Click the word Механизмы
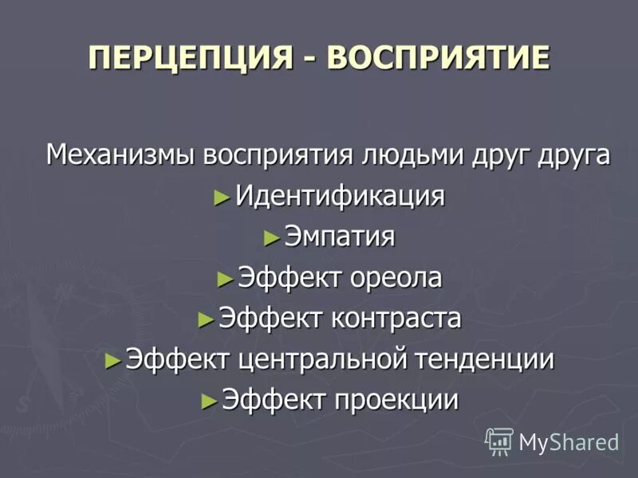pyautogui.click(x=120, y=154)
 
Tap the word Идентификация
pyautogui.click(x=340, y=196)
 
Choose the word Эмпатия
pyautogui.click(x=340, y=237)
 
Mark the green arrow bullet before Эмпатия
pyautogui.click(x=271, y=237)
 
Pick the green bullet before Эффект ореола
pyautogui.click(x=224, y=279)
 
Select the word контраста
pyautogui.click(x=397, y=319)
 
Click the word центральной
pyautogui.click(x=324, y=360)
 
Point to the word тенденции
pyautogui.click(x=486, y=360)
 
